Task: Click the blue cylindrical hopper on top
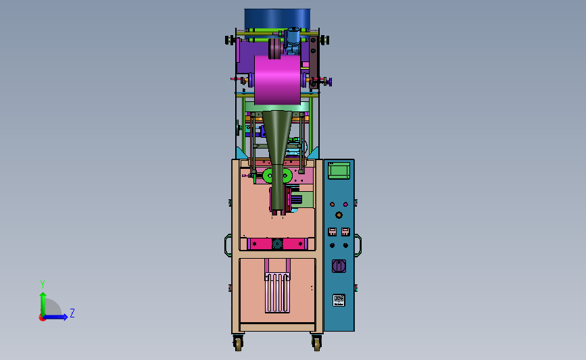pyautogui.click(x=277, y=19)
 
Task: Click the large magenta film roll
pyautogui.click(x=277, y=80)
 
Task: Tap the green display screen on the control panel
pyautogui.click(x=339, y=171)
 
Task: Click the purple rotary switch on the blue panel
pyautogui.click(x=339, y=266)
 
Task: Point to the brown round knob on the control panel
pyautogui.click(x=339, y=215)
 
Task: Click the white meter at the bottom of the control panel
pyautogui.click(x=339, y=300)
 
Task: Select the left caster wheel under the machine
pyautogui.click(x=238, y=343)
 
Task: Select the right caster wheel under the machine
pyautogui.click(x=316, y=343)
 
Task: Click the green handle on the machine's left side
pyautogui.click(x=226, y=245)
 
